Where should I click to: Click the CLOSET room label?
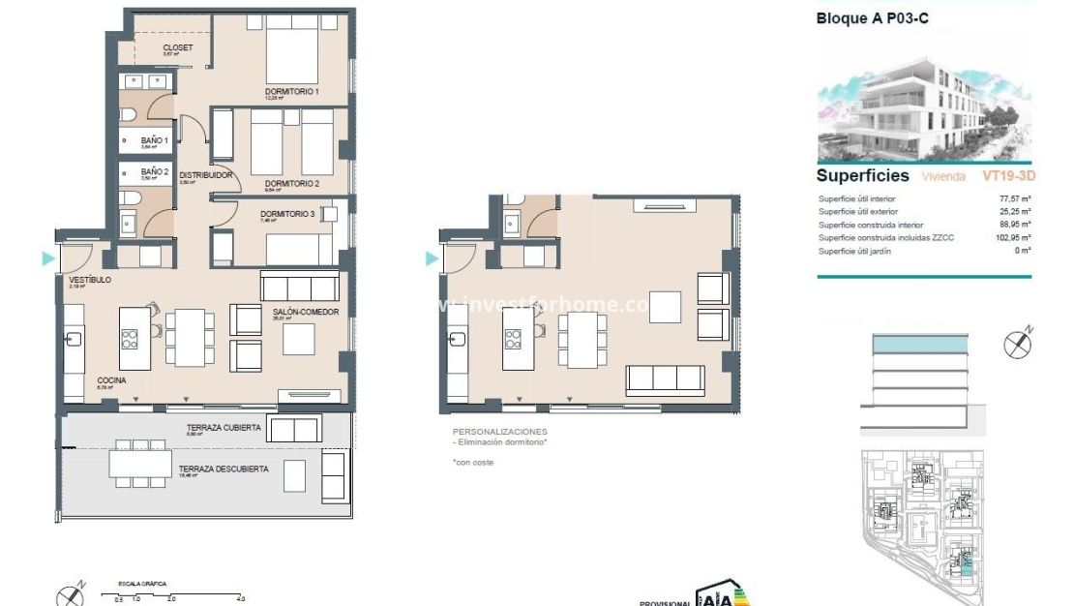coord(177,47)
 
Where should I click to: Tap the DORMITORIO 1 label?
coord(292,92)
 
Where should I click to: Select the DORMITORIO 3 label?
coord(287,215)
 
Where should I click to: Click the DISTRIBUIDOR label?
coord(205,176)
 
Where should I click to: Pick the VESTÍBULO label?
coord(90,280)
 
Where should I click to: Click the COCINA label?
coord(111,380)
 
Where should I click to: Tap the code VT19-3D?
coord(1009,176)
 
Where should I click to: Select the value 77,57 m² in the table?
coord(1013,198)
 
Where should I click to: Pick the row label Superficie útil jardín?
coord(855,251)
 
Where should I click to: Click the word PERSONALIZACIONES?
coord(499,431)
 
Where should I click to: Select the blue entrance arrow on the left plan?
coord(47,258)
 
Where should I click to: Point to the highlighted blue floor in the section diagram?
coord(919,344)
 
